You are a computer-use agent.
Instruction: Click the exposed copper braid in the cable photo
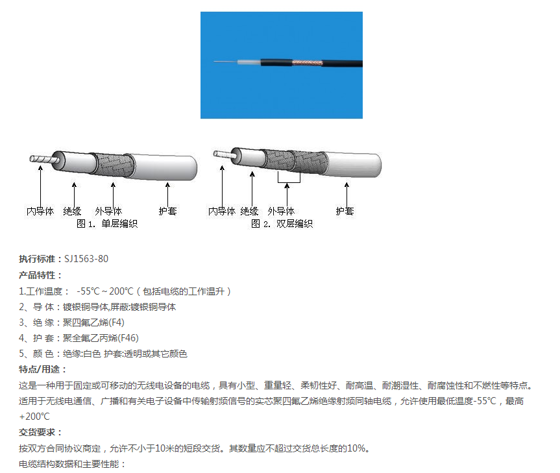(x=308, y=63)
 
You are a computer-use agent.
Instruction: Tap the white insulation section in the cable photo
(x=249, y=62)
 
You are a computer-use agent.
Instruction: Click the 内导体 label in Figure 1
(x=40, y=212)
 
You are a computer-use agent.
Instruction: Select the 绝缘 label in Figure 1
(x=72, y=212)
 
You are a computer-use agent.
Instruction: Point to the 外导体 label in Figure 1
(x=108, y=212)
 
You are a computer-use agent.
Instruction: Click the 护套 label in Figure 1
(x=168, y=212)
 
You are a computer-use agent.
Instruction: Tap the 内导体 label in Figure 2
(x=222, y=212)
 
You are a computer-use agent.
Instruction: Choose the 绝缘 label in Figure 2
(x=250, y=212)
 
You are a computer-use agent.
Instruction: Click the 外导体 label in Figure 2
(x=282, y=212)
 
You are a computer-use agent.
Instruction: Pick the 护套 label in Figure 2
(x=345, y=212)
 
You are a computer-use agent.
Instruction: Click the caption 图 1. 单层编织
(x=107, y=224)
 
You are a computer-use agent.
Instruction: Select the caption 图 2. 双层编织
(x=282, y=224)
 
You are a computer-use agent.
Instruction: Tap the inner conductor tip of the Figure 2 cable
(x=215, y=154)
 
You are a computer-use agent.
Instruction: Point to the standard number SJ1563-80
(x=86, y=259)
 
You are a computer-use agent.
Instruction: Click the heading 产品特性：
(x=41, y=275)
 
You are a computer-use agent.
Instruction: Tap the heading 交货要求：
(x=41, y=432)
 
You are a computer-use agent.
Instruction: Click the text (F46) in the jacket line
(x=128, y=338)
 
